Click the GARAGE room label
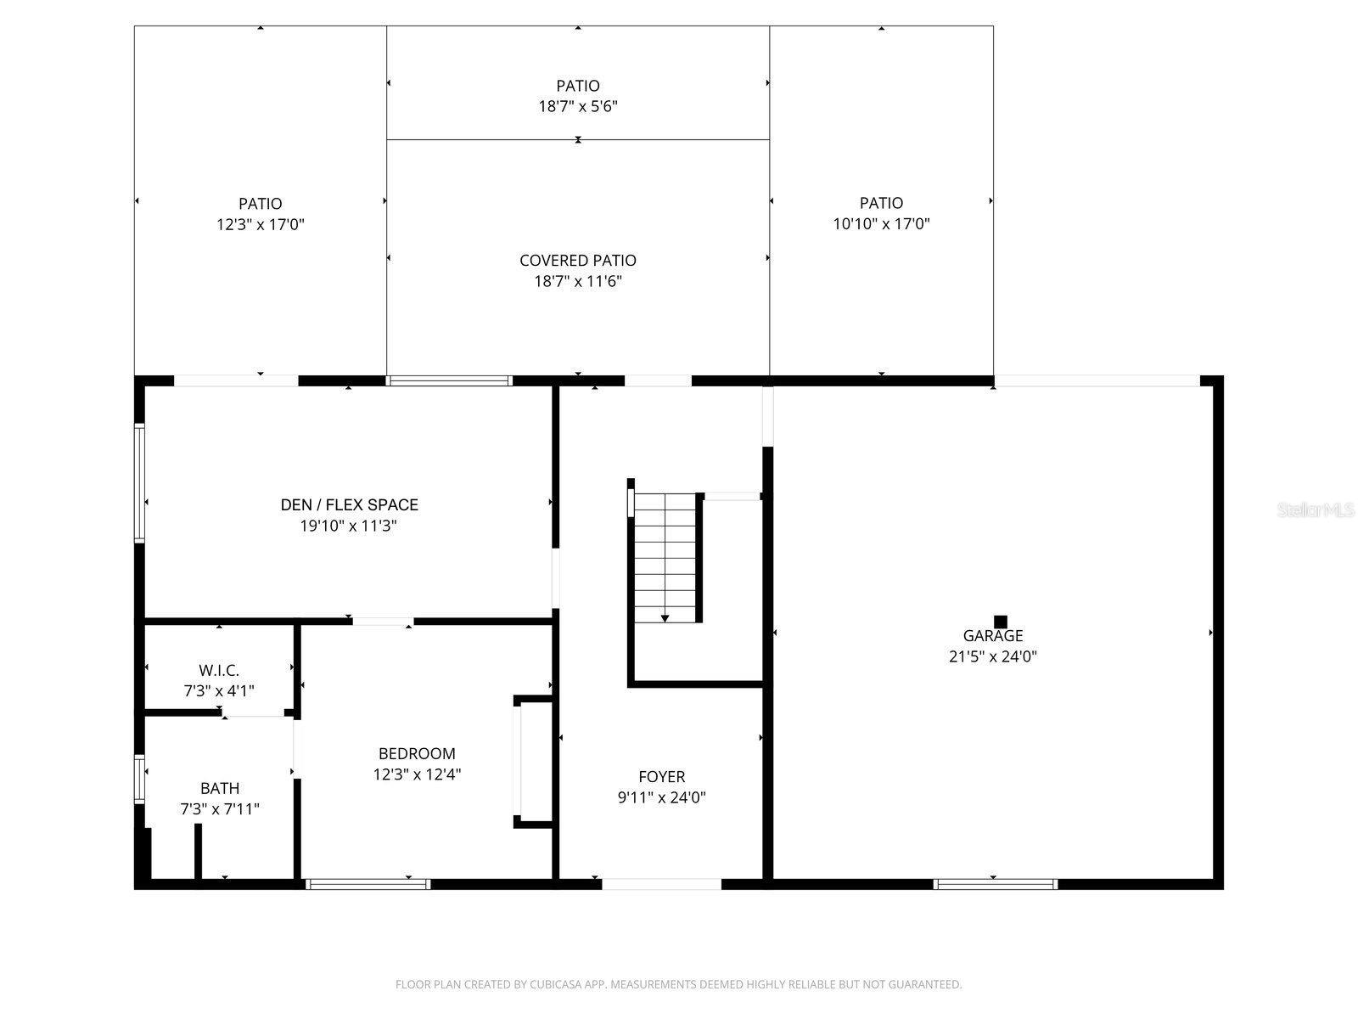[992, 635]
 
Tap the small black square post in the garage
[1001, 622]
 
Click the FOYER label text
[661, 776]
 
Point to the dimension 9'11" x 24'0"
[661, 797]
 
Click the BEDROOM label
[417, 753]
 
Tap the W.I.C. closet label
[219, 670]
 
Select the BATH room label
[220, 788]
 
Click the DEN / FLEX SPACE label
[349, 504]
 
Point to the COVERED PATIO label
[577, 261]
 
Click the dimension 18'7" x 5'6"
[577, 107]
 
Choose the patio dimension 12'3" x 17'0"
[260, 225]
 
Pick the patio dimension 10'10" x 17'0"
[881, 224]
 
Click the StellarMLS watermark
[1316, 509]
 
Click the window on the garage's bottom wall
[996, 884]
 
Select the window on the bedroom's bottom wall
[368, 884]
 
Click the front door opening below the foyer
[661, 884]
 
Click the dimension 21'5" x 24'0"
[992, 656]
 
